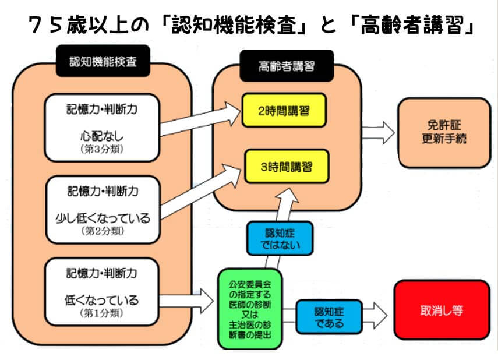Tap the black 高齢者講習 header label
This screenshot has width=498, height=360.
click(x=286, y=66)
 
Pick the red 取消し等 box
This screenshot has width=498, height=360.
click(x=442, y=310)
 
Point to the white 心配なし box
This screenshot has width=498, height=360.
click(x=103, y=128)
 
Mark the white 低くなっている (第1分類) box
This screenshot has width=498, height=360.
click(x=103, y=292)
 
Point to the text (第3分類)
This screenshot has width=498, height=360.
click(x=102, y=149)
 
